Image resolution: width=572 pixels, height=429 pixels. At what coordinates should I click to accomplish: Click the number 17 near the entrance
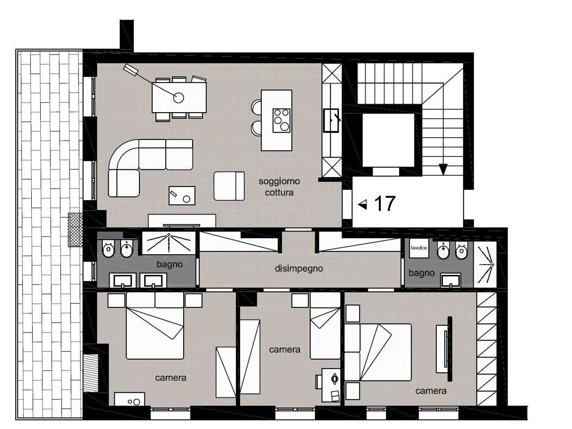(384, 203)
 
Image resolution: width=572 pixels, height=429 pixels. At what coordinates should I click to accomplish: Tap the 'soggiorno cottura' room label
(279, 187)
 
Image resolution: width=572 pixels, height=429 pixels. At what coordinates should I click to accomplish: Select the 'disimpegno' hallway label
(299, 269)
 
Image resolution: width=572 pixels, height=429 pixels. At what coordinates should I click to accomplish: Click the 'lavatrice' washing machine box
(419, 248)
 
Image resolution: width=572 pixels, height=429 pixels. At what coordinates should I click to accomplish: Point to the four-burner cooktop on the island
(282, 121)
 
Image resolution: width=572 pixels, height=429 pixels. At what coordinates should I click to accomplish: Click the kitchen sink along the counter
(331, 121)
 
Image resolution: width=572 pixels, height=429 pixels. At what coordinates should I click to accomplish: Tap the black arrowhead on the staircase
(443, 169)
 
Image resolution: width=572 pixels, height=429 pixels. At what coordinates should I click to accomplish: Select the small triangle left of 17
(362, 205)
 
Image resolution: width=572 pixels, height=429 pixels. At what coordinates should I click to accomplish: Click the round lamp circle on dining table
(178, 98)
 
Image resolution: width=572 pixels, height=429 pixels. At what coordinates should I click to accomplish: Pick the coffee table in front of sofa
(182, 195)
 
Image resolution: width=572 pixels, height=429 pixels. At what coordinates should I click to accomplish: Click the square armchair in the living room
(229, 186)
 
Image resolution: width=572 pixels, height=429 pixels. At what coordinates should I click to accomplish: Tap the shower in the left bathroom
(168, 243)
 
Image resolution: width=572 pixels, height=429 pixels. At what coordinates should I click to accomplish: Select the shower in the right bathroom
(485, 265)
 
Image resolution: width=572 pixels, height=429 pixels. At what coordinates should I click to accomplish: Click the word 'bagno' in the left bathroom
(170, 265)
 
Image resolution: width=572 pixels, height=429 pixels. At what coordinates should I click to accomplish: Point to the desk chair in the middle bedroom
(319, 382)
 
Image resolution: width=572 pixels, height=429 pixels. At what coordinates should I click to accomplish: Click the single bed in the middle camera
(325, 326)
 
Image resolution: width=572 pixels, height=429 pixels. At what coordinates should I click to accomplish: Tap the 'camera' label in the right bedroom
(431, 391)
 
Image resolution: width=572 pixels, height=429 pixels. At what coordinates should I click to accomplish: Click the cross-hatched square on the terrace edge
(76, 230)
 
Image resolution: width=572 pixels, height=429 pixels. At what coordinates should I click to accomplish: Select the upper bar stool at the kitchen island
(257, 107)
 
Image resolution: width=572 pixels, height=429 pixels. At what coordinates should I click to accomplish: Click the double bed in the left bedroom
(155, 326)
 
